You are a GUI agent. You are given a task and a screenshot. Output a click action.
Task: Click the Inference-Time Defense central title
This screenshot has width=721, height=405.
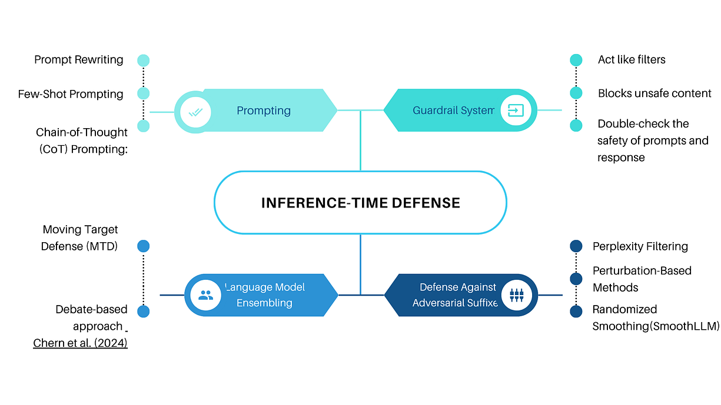tap(360, 203)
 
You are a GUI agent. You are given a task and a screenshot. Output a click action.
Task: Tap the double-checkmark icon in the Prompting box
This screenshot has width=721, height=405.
tap(195, 111)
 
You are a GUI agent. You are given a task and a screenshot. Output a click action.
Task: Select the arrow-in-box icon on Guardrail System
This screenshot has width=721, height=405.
tap(516, 111)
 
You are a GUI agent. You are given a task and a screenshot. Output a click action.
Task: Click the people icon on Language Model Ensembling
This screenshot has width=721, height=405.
tap(205, 295)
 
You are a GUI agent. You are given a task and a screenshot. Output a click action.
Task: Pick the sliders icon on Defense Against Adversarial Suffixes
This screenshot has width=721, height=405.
tap(516, 295)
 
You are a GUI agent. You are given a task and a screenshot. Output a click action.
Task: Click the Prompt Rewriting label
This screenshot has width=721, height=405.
tap(79, 59)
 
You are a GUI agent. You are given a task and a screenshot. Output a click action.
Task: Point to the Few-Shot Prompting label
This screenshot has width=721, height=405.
tap(71, 94)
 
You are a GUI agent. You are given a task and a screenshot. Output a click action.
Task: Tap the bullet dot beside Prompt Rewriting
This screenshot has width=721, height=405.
tap(143, 60)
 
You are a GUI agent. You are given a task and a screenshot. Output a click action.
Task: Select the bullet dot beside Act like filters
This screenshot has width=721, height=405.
tap(576, 60)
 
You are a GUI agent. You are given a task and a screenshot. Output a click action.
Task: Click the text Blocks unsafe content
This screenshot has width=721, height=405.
tap(654, 93)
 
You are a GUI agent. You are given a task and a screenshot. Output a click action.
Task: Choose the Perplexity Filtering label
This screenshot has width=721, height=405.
tap(640, 246)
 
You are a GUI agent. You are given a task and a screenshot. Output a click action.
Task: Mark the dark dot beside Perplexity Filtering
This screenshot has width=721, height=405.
tap(576, 246)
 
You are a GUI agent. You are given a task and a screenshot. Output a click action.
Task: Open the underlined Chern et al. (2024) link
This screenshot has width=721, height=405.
tap(80, 343)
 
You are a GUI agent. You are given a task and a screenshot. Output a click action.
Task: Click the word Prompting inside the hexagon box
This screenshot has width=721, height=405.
tap(264, 111)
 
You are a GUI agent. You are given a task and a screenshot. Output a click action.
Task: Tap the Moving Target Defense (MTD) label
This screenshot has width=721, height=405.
tap(80, 238)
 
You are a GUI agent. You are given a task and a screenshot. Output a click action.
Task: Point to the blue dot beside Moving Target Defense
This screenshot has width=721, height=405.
tap(143, 246)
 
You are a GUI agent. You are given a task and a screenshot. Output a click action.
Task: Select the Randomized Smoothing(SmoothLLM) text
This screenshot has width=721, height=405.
tap(655, 317)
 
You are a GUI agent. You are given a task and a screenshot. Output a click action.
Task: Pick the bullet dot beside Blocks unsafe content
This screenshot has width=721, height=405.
tap(576, 93)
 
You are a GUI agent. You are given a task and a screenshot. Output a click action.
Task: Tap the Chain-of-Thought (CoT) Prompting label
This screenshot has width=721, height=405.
tap(82, 140)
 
